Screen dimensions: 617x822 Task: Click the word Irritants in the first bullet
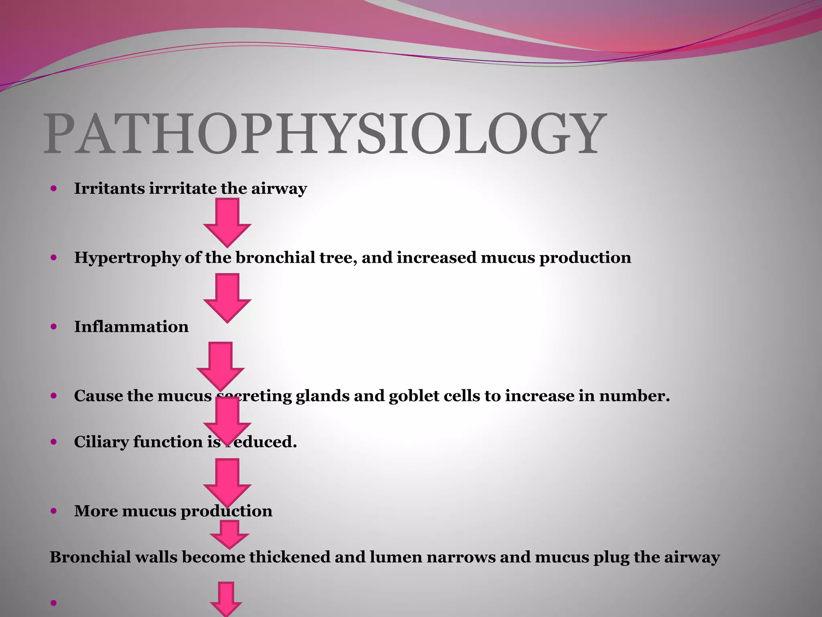[110, 188]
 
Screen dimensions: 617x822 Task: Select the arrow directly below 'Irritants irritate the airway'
[227, 222]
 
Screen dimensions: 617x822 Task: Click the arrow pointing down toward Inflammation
[227, 298]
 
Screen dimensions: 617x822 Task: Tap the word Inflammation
[131, 327]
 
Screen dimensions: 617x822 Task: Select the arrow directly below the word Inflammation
[220, 366]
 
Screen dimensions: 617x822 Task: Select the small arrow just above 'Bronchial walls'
[230, 534]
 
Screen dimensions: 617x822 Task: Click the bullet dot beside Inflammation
[54, 327]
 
